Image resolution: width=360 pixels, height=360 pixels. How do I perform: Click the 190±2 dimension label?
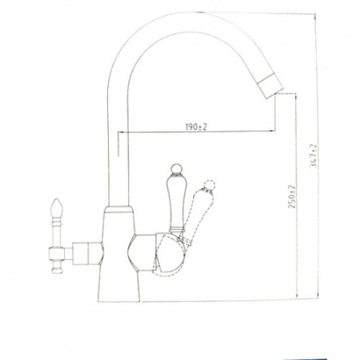click(196, 127)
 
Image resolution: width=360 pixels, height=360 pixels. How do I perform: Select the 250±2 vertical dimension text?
click(292, 197)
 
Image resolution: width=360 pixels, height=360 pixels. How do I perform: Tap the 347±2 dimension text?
click(313, 156)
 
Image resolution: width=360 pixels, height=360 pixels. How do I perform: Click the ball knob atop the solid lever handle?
click(175, 170)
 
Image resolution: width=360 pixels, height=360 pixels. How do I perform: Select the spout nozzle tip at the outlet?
click(270, 86)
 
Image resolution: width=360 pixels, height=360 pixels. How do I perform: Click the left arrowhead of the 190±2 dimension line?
click(121, 131)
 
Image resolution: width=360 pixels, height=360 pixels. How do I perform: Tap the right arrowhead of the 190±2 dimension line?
click(271, 131)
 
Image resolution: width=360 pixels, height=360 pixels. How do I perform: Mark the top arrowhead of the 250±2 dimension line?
click(296, 96)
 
